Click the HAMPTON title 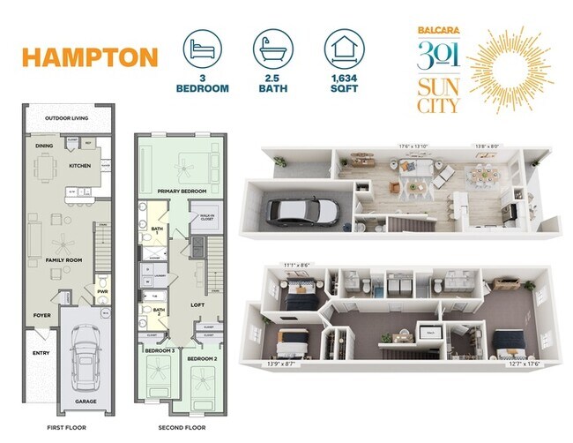tap(90, 58)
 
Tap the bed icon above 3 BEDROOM tap(203, 49)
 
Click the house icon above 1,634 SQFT tap(343, 49)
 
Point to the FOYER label tap(43, 313)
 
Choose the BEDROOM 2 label tap(203, 358)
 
